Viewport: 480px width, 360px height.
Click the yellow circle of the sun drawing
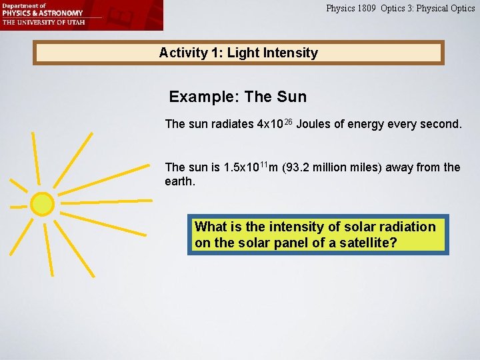point(42,204)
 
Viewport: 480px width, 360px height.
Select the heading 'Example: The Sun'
point(237,97)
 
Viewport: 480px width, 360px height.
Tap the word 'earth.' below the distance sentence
point(180,181)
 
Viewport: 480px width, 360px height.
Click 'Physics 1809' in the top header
point(351,9)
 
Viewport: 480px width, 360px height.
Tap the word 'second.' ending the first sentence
point(441,124)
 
